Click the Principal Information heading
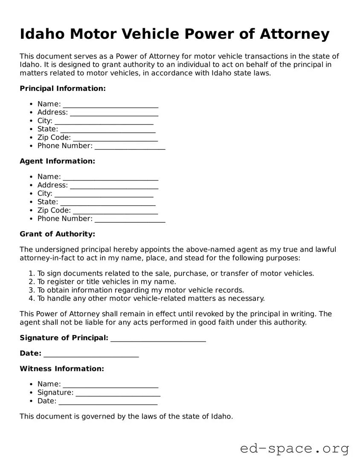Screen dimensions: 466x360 (62, 88)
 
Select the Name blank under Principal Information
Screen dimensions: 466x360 (110, 104)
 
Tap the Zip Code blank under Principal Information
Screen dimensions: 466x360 (115, 137)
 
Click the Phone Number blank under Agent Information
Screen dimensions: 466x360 (130, 218)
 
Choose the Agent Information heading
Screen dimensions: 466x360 (57, 161)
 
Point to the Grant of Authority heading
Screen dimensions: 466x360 (57, 234)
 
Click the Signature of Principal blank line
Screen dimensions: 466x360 (158, 338)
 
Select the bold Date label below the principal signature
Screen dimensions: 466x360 (30, 353)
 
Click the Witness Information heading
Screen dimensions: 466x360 (61, 368)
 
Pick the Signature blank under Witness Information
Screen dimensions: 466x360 (118, 393)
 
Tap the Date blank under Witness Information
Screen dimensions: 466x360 (108, 401)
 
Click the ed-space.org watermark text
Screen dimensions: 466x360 (294, 449)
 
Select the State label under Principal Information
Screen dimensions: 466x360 (47, 129)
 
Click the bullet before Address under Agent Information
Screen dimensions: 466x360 (32, 185)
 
